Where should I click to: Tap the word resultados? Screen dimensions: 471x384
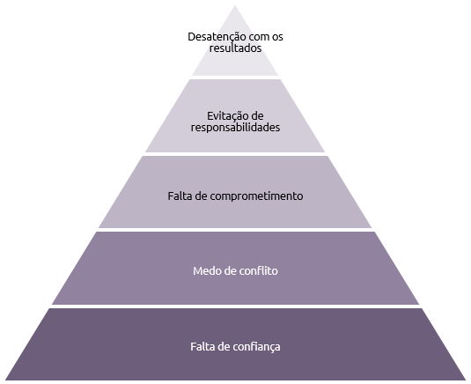(236, 48)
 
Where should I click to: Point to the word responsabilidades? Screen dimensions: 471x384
(236, 128)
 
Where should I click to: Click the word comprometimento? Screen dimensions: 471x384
(256, 196)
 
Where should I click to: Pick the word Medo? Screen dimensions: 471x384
(205, 271)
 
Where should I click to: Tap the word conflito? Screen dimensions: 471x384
(259, 271)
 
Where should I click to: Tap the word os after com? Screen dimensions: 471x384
(278, 37)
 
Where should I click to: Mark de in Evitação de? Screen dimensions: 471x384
(256, 116)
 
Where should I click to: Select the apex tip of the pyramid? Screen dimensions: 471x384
(235, 5)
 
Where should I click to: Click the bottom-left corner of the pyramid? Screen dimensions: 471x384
(5, 380)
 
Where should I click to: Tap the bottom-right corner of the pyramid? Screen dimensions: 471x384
(466, 380)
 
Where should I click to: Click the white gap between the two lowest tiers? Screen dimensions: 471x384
(236, 306)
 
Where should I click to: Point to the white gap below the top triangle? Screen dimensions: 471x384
(235, 78)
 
